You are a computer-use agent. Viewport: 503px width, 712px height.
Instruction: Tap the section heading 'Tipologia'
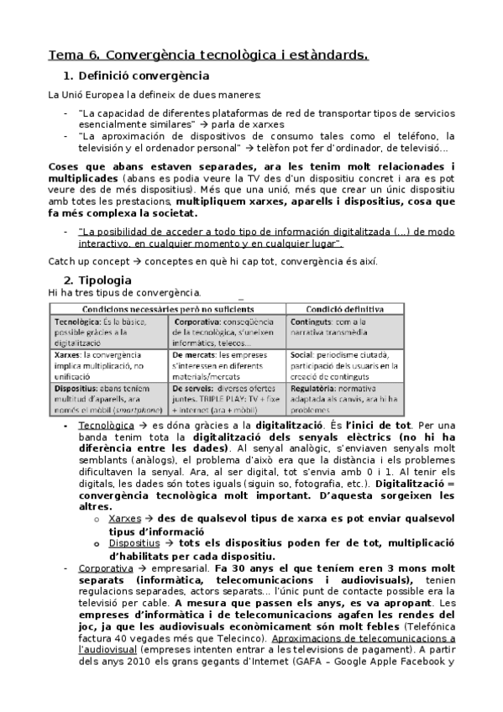click(100, 280)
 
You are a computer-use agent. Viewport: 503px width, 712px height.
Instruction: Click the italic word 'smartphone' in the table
click(135, 411)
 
